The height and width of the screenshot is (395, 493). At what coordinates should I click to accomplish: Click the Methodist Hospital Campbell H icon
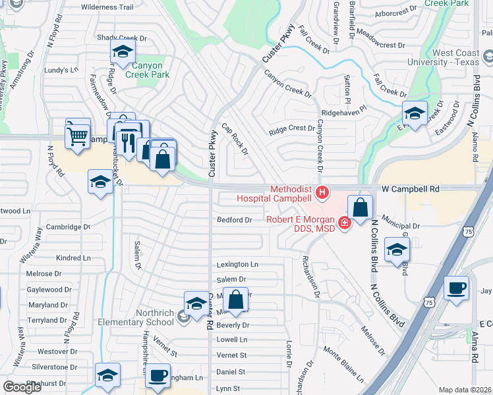coord(322,193)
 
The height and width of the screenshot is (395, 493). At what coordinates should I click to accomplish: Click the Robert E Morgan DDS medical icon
coord(344,224)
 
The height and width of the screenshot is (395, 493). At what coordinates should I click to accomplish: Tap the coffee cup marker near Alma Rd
coord(457,288)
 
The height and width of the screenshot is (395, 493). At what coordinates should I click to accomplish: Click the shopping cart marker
coord(78,136)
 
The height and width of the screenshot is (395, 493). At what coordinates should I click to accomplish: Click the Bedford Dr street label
coord(235,220)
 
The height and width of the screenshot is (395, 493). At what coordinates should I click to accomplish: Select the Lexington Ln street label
coord(237,265)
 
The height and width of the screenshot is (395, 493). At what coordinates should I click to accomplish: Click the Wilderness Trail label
coord(107,7)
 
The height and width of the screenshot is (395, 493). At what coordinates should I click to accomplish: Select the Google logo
coord(22,387)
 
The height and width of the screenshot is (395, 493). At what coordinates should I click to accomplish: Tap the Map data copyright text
coord(465,390)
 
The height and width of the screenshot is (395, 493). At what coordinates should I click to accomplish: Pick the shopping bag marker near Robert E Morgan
coord(360,207)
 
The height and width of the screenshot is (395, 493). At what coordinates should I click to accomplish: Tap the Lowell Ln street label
coord(232,340)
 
